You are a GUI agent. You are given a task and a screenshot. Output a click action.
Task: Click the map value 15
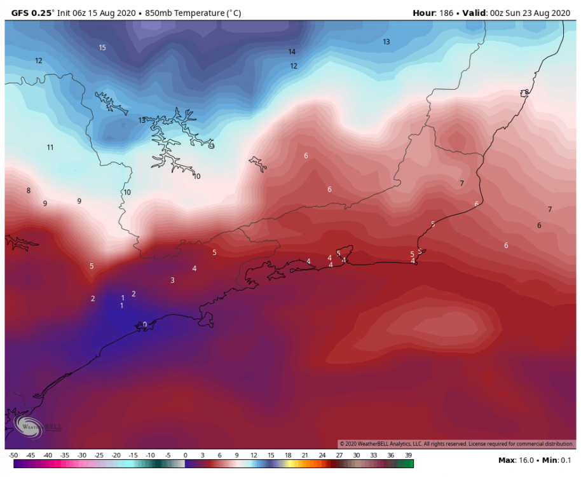(x=102, y=48)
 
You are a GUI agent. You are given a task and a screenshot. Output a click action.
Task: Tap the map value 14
(x=292, y=52)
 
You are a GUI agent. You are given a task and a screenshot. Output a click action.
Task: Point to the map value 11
(x=50, y=148)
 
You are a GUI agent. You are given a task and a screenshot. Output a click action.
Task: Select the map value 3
(x=172, y=280)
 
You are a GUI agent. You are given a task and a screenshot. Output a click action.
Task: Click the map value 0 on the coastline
(x=144, y=325)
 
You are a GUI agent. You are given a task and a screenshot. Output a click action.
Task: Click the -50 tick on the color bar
(x=13, y=455)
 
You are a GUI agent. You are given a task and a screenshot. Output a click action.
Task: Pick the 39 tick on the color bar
(x=408, y=455)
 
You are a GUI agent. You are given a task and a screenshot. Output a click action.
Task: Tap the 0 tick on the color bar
(x=185, y=455)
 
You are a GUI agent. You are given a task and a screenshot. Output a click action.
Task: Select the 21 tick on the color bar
(x=305, y=455)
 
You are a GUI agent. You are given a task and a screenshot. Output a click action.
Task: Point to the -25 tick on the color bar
(x=99, y=455)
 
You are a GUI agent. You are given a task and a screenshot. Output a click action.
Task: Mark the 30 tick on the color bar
(x=357, y=455)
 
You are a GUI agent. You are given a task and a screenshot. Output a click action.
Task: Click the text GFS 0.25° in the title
(x=32, y=12)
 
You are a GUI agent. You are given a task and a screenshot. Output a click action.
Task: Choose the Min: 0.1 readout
(x=557, y=460)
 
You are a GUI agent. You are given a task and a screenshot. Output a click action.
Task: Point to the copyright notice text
(x=456, y=443)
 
